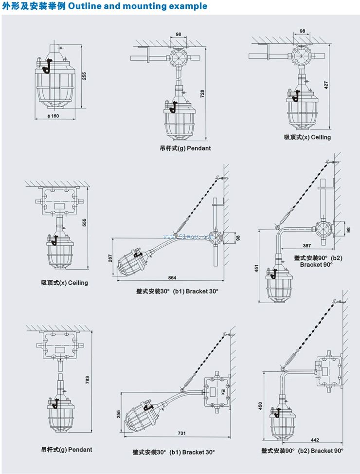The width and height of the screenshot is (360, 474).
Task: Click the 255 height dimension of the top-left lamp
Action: [84, 76]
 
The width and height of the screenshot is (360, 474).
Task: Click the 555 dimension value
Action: [85, 222]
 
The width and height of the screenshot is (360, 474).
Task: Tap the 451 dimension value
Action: [257, 269]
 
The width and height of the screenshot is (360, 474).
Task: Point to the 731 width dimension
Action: [181, 433]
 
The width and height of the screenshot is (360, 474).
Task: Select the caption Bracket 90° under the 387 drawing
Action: [316, 265]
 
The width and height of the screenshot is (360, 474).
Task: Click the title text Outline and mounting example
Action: [138, 6]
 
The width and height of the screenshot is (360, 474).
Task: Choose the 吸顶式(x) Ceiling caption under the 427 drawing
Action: [307, 137]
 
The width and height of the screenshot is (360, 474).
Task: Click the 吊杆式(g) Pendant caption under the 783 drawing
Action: [67, 450]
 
